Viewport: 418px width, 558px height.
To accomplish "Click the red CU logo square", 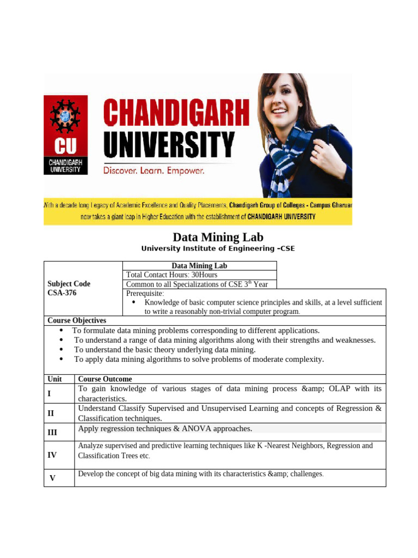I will (x=65, y=135).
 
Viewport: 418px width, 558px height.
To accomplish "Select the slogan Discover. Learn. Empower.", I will (x=154, y=171).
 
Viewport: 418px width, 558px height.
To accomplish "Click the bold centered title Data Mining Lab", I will (x=218, y=237).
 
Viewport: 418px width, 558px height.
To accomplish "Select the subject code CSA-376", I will (x=62, y=293).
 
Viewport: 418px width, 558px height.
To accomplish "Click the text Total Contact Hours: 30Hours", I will (x=171, y=275).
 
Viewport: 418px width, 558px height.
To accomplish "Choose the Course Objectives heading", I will (x=77, y=320).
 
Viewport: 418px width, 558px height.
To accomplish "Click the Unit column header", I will (x=54, y=379).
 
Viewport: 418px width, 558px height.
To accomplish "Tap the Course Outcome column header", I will (x=105, y=379).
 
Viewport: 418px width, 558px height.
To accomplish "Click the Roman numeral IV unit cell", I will (x=52, y=454).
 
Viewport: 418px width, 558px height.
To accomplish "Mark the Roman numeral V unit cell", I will (x=52, y=478).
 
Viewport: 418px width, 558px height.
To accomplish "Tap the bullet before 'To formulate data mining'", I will (x=62, y=330).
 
